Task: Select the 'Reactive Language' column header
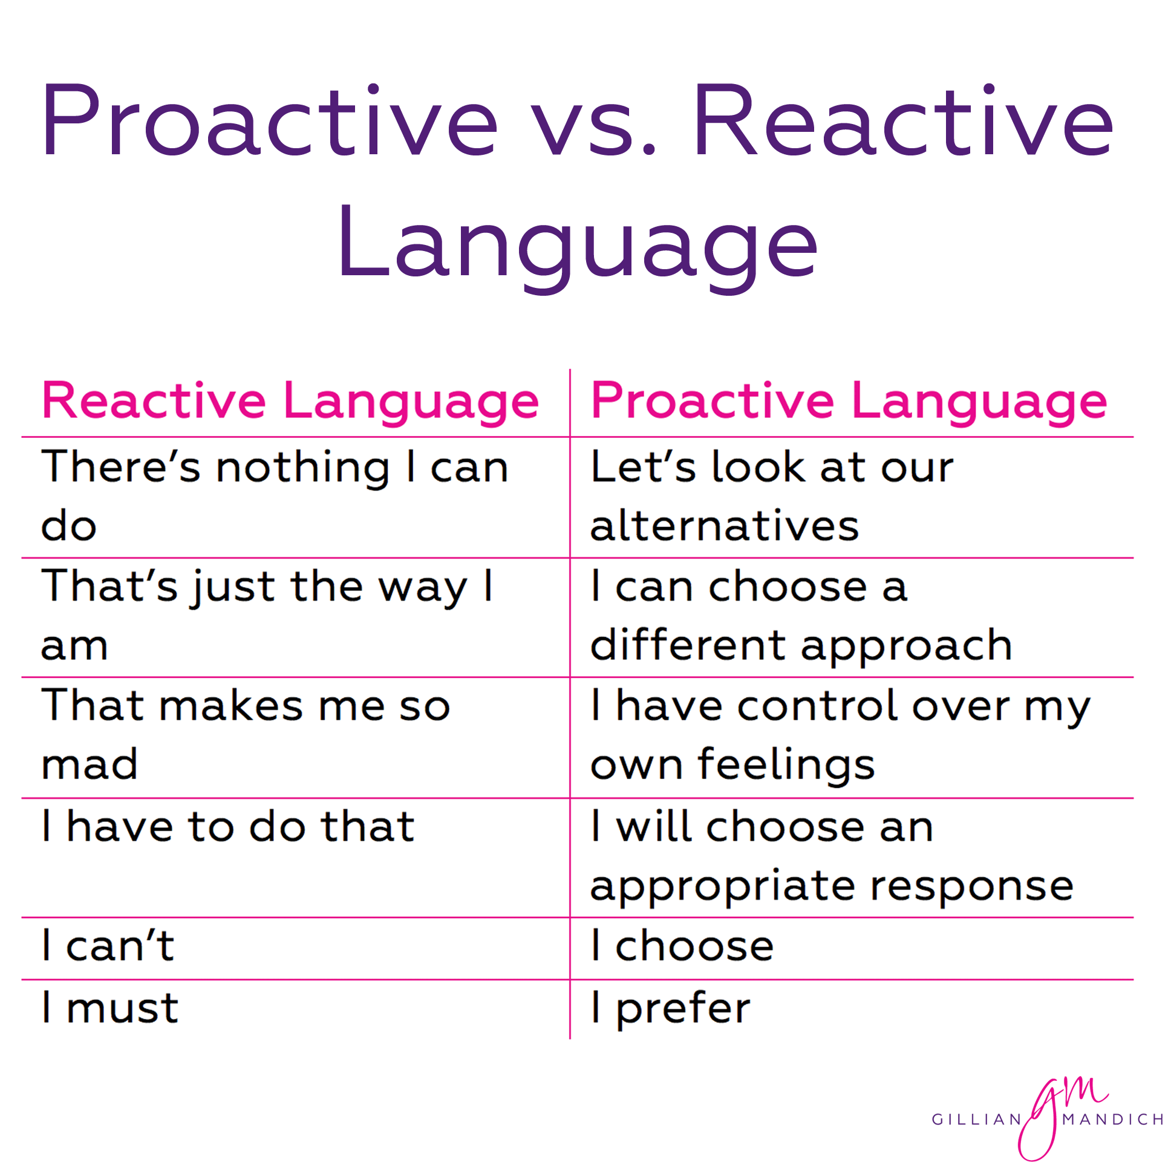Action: coord(290,401)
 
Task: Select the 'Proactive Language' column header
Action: coord(849,401)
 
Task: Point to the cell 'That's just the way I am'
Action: coord(267,616)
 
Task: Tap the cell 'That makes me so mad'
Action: coord(246,736)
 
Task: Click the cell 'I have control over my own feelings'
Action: coord(840,736)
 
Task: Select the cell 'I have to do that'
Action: coord(228,827)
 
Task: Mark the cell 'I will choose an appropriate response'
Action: coord(830,856)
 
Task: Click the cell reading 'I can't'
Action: coord(108,946)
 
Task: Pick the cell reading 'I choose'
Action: coord(682,946)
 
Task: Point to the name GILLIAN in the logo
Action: coord(976,1120)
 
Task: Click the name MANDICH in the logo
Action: coord(1113,1120)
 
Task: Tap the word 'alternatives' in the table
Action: coord(724,526)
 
